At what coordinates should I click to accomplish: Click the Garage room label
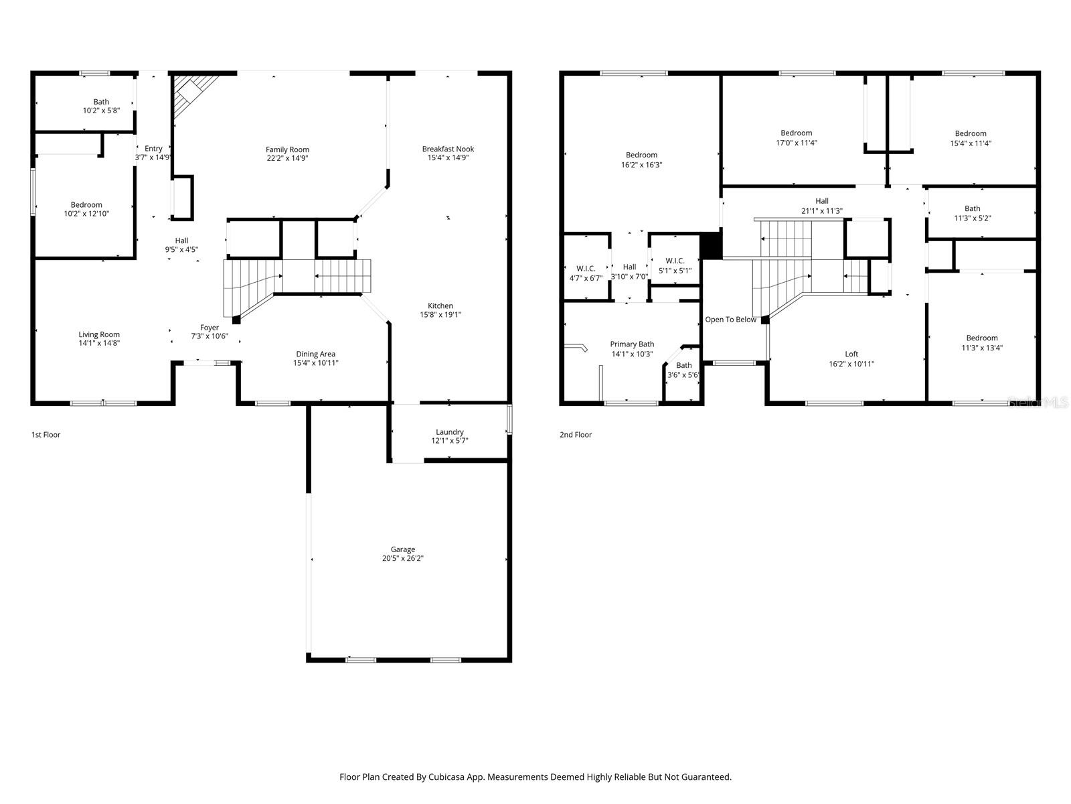(x=403, y=549)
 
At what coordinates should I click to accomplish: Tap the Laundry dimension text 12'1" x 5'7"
(x=449, y=441)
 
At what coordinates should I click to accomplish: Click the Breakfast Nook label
(x=448, y=149)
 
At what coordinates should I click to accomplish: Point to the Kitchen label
(x=440, y=306)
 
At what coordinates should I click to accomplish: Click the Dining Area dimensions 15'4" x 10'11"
(x=316, y=363)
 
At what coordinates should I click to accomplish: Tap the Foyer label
(x=210, y=328)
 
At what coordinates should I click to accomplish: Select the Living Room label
(x=99, y=334)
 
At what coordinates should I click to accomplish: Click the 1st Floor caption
(x=46, y=435)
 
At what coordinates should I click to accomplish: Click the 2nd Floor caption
(x=576, y=435)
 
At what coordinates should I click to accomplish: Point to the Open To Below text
(x=730, y=320)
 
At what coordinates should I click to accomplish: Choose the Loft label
(x=851, y=354)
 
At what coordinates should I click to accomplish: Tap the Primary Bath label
(x=632, y=344)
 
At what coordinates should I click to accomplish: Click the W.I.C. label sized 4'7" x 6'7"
(x=586, y=269)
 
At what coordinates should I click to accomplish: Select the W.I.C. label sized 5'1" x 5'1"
(x=675, y=261)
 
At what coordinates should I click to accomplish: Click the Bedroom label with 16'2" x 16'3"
(x=641, y=155)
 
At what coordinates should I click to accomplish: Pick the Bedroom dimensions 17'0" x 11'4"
(x=796, y=143)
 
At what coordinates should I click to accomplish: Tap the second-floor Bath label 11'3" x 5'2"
(x=972, y=208)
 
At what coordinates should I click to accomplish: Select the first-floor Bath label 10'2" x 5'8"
(x=101, y=102)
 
